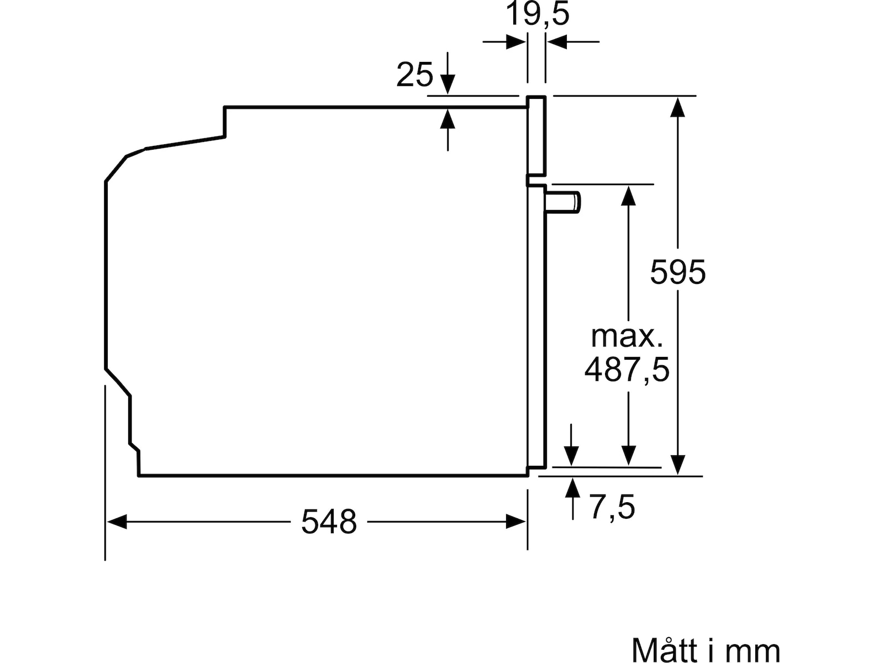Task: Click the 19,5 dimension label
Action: [537, 14]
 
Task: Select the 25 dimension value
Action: [414, 75]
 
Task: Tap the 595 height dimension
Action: [678, 272]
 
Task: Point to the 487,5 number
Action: [627, 370]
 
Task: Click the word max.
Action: [627, 336]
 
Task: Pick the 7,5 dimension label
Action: [612, 508]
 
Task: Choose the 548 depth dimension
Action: [329, 522]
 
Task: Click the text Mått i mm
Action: [706, 649]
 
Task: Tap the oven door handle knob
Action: [562, 202]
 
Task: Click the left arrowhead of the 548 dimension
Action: [117, 522]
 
